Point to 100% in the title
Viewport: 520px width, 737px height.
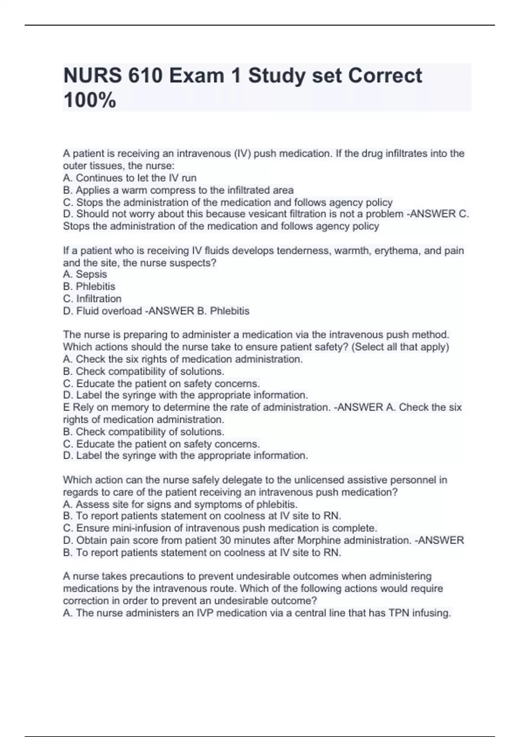90,101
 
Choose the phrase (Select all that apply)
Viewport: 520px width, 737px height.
401,347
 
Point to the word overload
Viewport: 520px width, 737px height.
126,311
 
